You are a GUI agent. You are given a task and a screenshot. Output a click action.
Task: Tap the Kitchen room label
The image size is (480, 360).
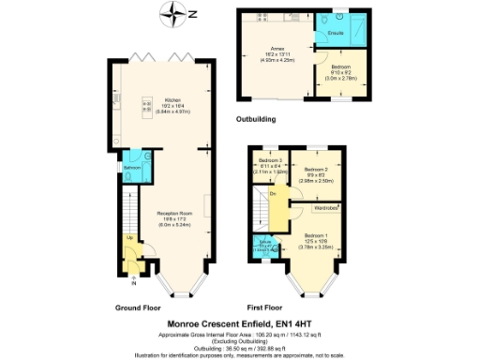click(173, 101)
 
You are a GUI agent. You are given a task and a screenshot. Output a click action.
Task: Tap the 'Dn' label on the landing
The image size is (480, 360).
click(273, 194)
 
